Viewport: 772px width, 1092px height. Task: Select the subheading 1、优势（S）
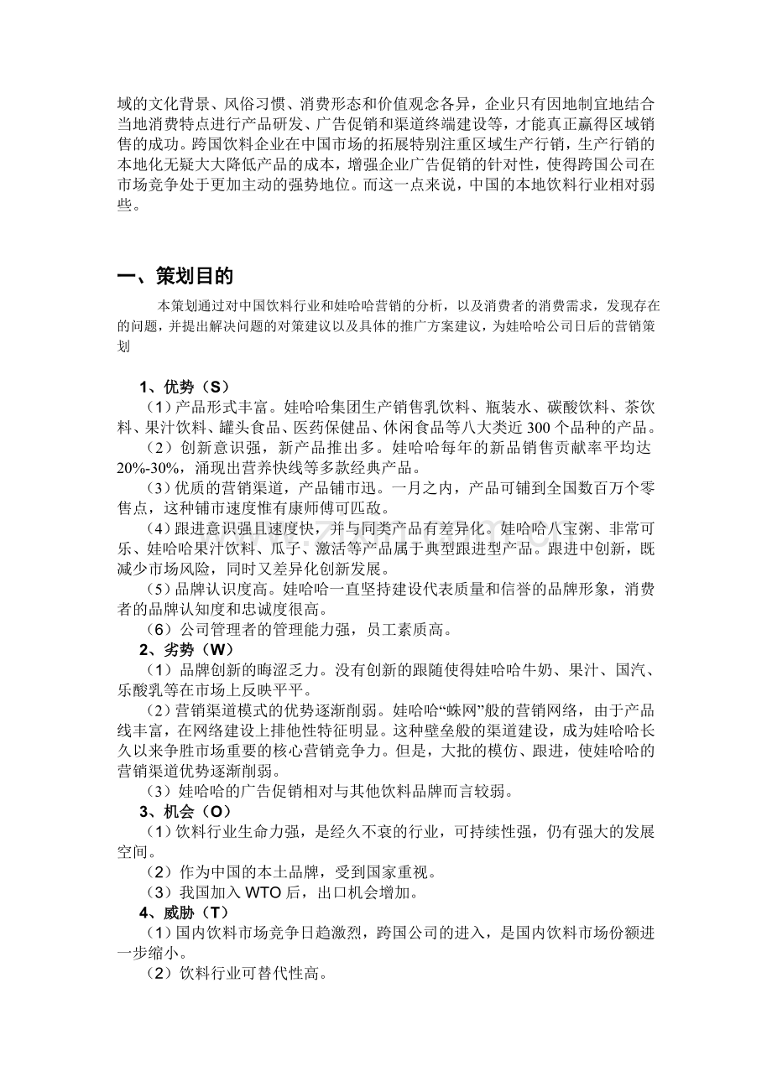click(184, 387)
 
